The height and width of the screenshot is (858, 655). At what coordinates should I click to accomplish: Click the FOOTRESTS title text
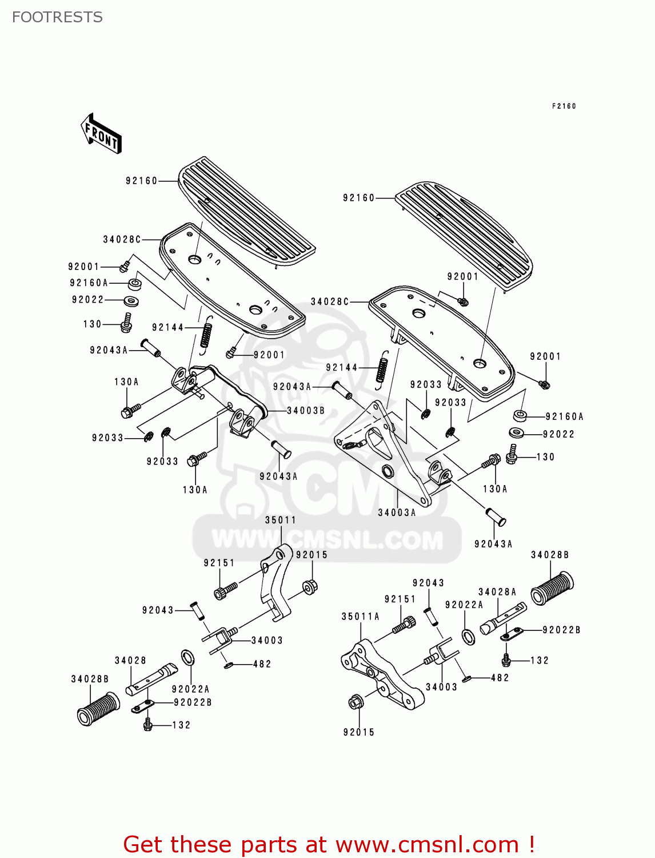[x=57, y=17]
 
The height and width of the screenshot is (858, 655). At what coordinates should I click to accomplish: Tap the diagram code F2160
[x=564, y=106]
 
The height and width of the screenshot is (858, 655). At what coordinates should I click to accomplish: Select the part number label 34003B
[x=305, y=411]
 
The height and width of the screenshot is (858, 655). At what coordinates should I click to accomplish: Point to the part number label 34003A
[x=397, y=513]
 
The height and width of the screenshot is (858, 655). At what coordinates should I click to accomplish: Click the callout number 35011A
[x=360, y=617]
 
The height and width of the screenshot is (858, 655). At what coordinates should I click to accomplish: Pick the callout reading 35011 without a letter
[x=281, y=520]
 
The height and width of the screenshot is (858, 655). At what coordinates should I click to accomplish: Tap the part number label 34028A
[x=497, y=593]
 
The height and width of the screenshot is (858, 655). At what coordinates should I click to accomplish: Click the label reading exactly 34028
[x=130, y=661]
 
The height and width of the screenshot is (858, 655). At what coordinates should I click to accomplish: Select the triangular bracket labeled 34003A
[x=394, y=458]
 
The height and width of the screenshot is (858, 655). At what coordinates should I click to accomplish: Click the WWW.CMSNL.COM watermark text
[x=327, y=539]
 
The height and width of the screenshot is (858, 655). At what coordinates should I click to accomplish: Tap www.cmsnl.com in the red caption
[x=427, y=845]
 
